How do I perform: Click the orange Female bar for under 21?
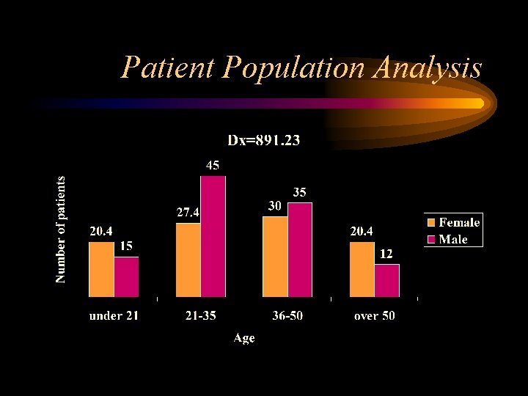pos(101,269)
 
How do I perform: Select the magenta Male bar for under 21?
pos(126,276)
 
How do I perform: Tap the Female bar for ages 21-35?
pos(188,260)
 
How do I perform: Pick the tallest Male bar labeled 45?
pos(213,236)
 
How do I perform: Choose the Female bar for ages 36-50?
pos(275,256)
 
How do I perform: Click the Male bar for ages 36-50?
pos(300,249)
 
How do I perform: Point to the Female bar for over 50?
pos(362,269)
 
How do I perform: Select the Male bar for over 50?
pos(386,280)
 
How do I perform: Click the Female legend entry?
pos(453,223)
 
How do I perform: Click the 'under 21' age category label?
pos(114,316)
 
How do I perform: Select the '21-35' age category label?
pos(200,316)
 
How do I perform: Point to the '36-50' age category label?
pos(287,316)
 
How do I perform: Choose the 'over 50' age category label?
pos(373,316)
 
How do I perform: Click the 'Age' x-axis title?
pos(244,337)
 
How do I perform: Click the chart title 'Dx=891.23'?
pos(263,140)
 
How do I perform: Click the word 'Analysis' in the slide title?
pos(428,68)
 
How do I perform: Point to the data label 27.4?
pos(188,213)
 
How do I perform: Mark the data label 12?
pos(386,254)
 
